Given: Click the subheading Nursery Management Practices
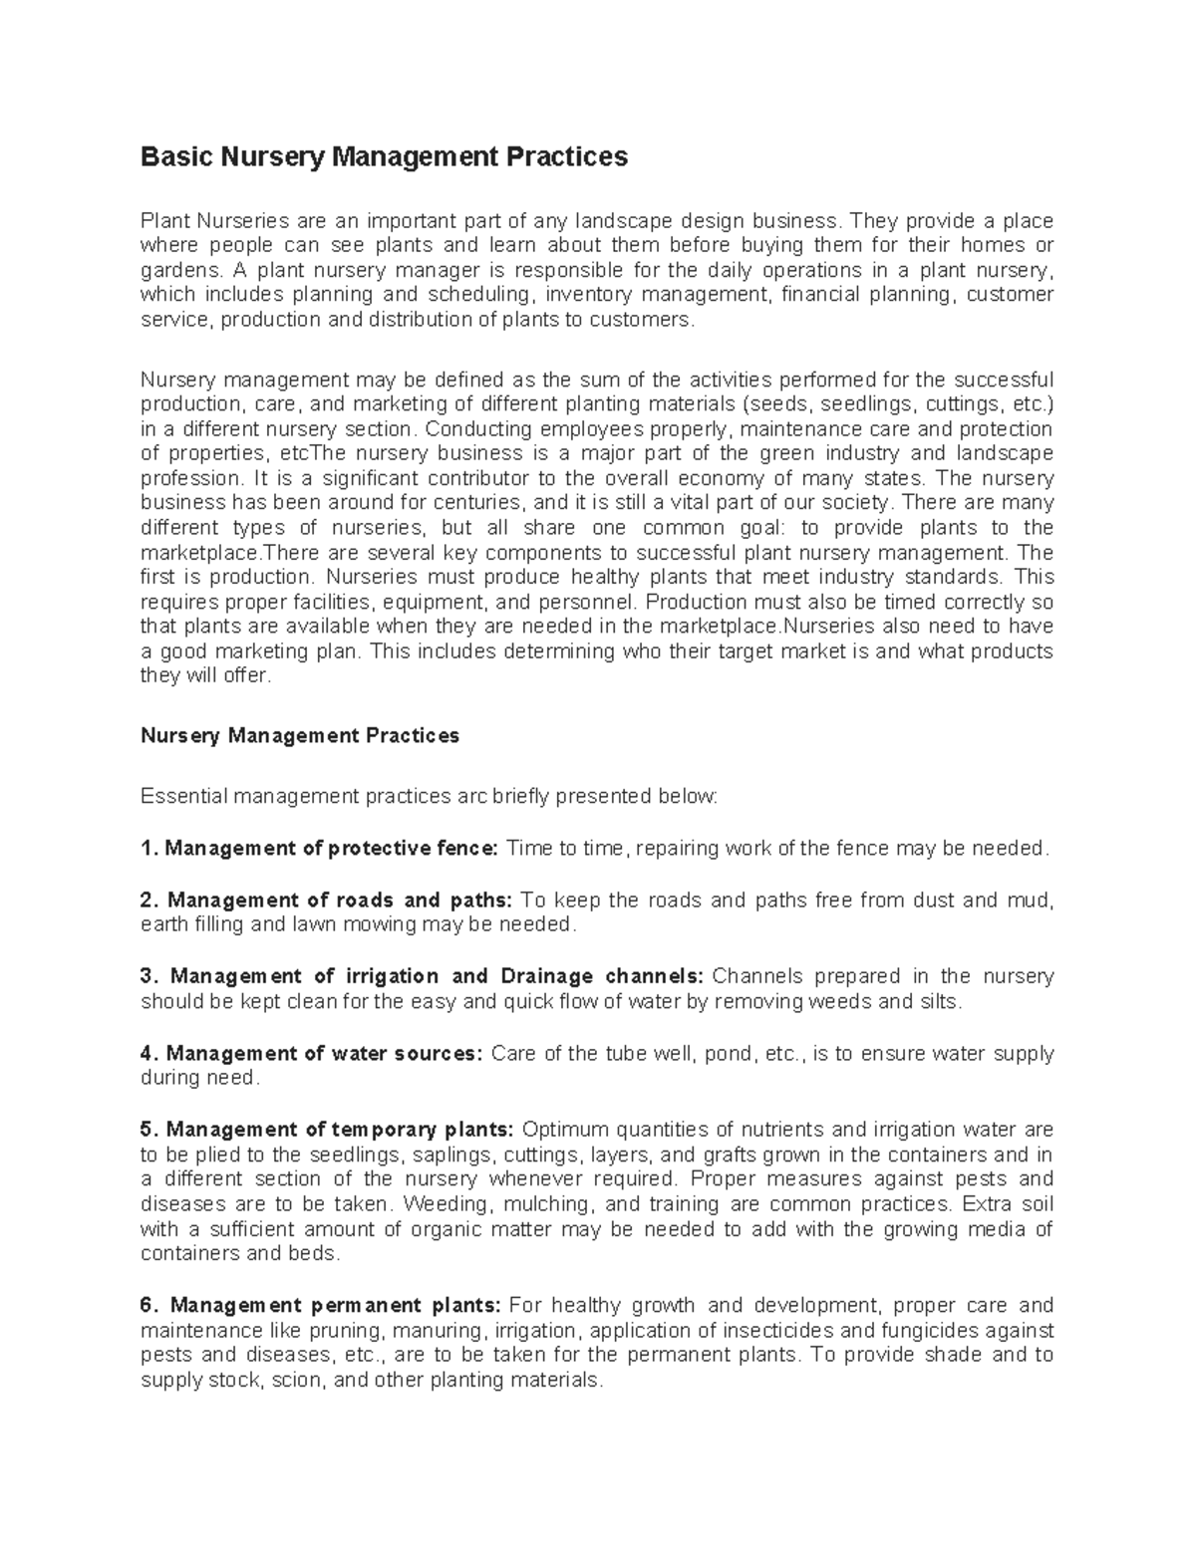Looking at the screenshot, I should click(300, 736).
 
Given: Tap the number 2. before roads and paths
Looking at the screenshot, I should click(149, 901).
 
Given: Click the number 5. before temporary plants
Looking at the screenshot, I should click(149, 1130).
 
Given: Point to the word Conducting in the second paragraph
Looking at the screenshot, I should click(472, 429).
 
